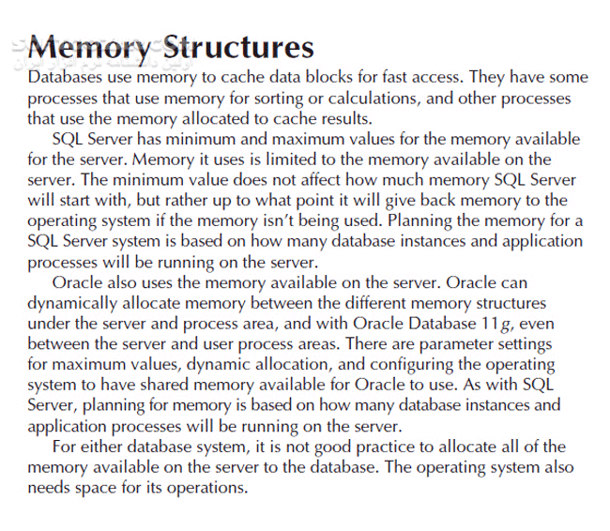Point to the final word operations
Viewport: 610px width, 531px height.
[205, 489]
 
